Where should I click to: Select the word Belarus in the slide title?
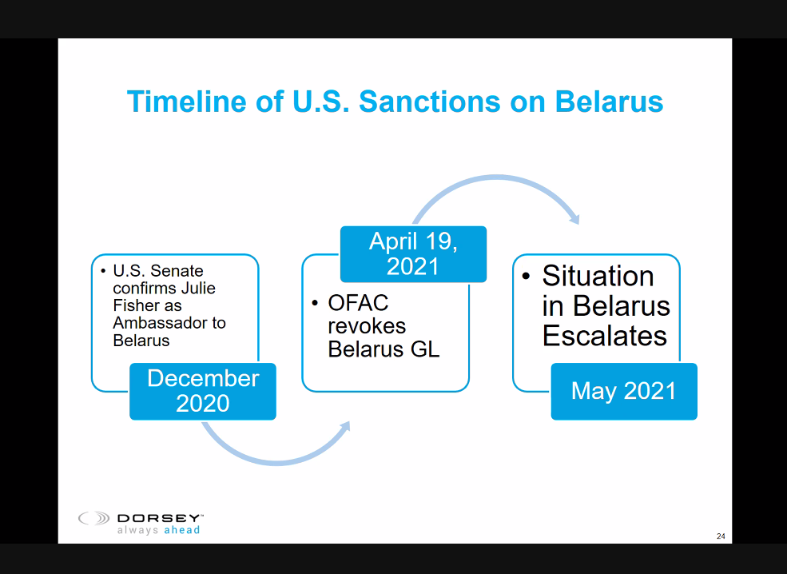(x=610, y=102)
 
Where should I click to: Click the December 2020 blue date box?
(x=203, y=391)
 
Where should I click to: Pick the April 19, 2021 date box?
(x=413, y=253)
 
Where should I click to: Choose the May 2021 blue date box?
(x=623, y=391)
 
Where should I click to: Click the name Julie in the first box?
(x=198, y=288)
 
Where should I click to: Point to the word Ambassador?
(x=169, y=323)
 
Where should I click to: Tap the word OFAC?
(x=358, y=303)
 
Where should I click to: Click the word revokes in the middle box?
(x=367, y=326)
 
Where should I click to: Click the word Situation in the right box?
(x=598, y=276)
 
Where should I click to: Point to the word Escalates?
(x=604, y=336)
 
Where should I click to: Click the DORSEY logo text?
(x=160, y=518)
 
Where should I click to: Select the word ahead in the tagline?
(x=181, y=530)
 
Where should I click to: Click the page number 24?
(x=721, y=536)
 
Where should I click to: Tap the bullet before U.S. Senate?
(x=104, y=270)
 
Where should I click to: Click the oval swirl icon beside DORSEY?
(x=94, y=519)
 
